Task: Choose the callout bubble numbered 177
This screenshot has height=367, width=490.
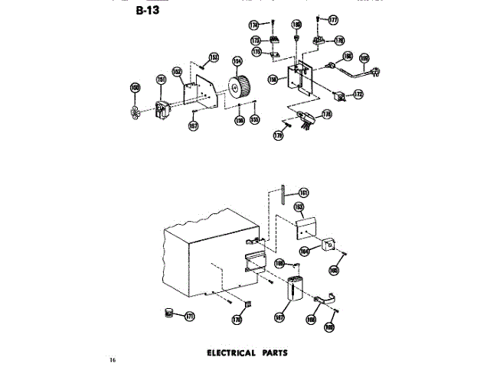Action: (333, 21)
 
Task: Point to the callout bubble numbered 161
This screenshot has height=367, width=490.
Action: (303, 193)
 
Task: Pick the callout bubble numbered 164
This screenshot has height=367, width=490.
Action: (304, 250)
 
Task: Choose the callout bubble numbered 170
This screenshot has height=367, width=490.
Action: (237, 320)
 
